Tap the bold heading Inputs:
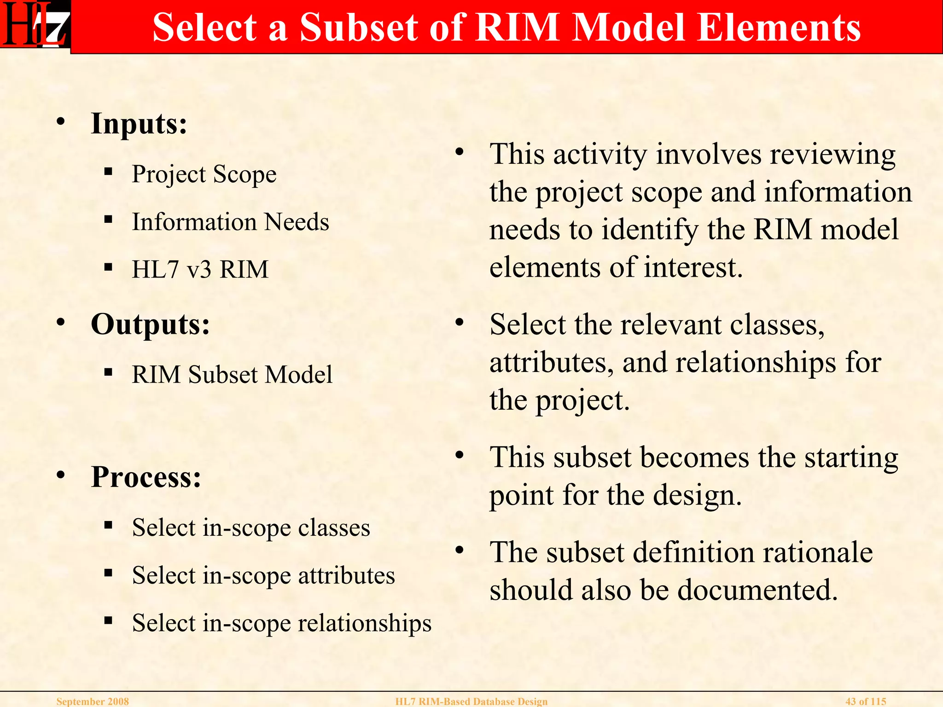pyautogui.click(x=139, y=124)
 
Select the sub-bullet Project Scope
pyautogui.click(x=204, y=174)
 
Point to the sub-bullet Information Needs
pyautogui.click(x=230, y=222)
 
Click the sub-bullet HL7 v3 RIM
pyautogui.click(x=200, y=269)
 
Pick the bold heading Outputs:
pyautogui.click(x=150, y=325)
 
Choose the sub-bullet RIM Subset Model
pyautogui.click(x=232, y=374)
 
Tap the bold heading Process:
pyautogui.click(x=146, y=477)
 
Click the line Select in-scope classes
pyautogui.click(x=251, y=527)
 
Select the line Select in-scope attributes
pyautogui.click(x=263, y=575)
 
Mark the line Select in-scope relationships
pyautogui.click(x=282, y=623)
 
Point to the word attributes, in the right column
pyautogui.click(x=552, y=363)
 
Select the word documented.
pyautogui.click(x=757, y=590)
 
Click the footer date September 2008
pyautogui.click(x=93, y=701)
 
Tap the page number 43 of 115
pyautogui.click(x=866, y=701)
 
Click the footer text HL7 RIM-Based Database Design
pyautogui.click(x=471, y=701)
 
